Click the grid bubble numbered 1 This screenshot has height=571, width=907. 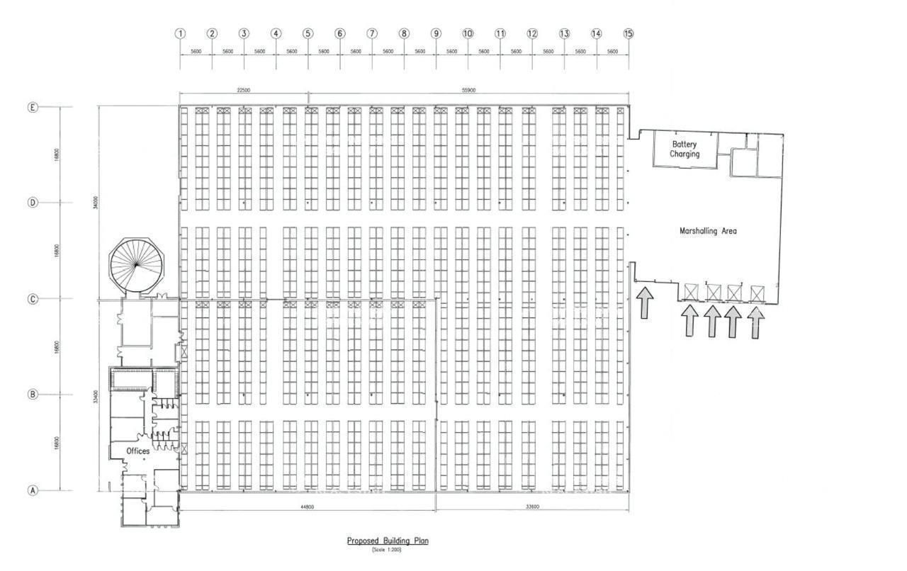[x=180, y=33]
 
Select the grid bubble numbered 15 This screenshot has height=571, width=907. [x=629, y=33]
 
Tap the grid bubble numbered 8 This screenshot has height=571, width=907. [x=404, y=33]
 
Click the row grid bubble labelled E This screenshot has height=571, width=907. [x=32, y=108]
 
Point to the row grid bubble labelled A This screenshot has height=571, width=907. [x=32, y=490]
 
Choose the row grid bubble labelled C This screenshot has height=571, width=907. [x=32, y=299]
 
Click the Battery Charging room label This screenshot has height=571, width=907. [x=685, y=149]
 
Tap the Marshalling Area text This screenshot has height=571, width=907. [x=708, y=231]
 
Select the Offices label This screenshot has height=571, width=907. [x=138, y=451]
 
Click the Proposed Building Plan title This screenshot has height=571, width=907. [x=388, y=541]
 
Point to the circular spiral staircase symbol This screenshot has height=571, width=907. [x=135, y=265]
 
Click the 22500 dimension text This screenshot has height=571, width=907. [x=243, y=90]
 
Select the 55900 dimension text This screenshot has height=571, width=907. [x=464, y=90]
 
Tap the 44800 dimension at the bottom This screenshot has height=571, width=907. [x=306, y=507]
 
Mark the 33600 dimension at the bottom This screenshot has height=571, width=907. [x=531, y=507]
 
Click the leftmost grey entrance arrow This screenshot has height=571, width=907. [x=645, y=303]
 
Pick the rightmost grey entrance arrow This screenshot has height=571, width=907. [x=756, y=322]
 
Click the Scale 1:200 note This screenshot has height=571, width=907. [x=387, y=550]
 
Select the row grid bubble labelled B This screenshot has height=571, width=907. [x=32, y=395]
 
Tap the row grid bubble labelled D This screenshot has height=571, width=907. [x=32, y=203]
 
